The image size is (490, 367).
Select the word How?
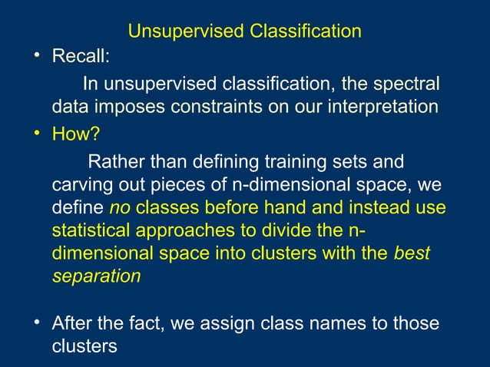point(76,136)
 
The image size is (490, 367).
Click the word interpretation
point(382,107)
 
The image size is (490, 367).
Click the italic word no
point(121,209)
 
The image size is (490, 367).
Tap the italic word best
point(412,254)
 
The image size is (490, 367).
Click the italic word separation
point(96,277)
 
